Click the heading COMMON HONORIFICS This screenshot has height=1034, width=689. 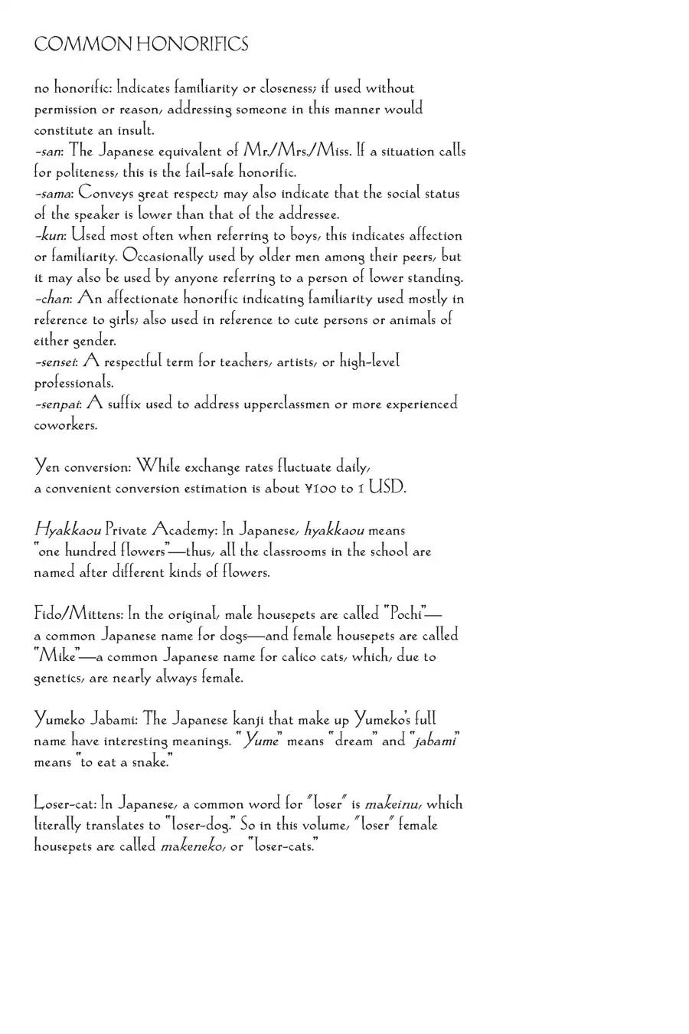pos(141,44)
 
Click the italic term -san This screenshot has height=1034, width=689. pos(47,152)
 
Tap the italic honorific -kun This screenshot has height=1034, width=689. pos(50,236)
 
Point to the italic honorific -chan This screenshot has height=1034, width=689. pos(52,299)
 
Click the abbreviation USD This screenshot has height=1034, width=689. pos(387,487)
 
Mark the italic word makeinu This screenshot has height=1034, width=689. pos(393,804)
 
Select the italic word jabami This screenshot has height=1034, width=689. pos(435,741)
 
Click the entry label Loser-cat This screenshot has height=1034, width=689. pos(65,804)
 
